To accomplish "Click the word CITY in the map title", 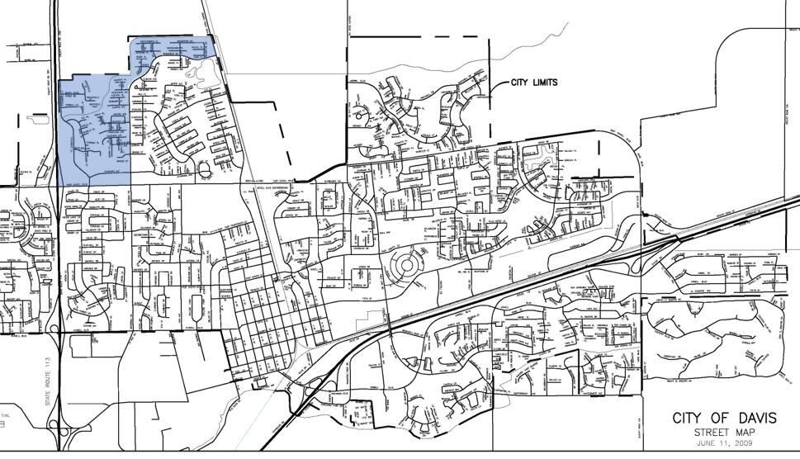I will coord(690,418).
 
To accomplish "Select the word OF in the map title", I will coord(722,418).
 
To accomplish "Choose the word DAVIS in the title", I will coord(756,418).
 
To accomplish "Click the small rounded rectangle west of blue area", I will coord(36,119).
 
